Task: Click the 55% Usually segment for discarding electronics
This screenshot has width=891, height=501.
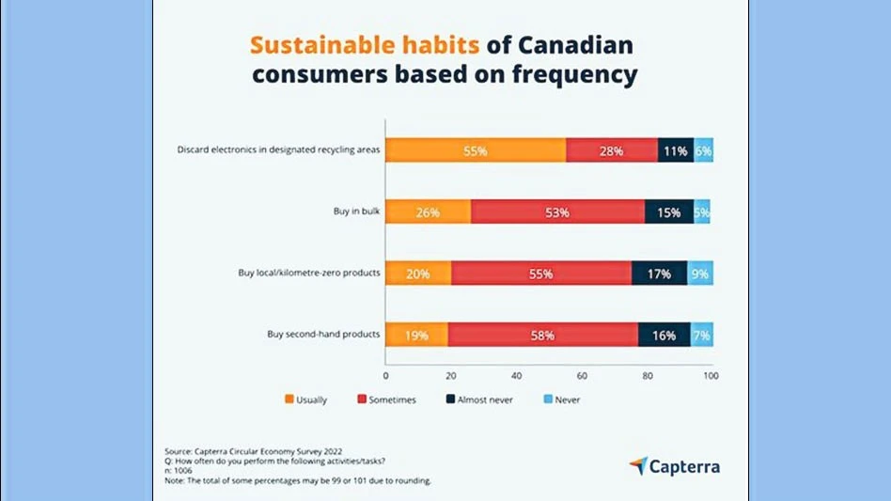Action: [476, 150]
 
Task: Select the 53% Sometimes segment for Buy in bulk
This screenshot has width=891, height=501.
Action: [557, 212]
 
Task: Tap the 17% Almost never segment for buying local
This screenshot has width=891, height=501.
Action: [659, 274]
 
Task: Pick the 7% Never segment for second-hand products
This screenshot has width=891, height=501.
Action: [701, 335]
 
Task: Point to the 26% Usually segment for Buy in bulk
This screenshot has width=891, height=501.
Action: [428, 212]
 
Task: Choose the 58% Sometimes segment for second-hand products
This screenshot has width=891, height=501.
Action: [542, 335]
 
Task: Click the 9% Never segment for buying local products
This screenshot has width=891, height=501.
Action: [700, 274]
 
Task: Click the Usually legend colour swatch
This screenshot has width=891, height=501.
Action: [289, 399]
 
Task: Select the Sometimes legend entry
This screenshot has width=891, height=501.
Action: [385, 399]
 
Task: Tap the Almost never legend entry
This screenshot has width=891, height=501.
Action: [481, 399]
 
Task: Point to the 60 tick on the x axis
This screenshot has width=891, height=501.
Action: [582, 376]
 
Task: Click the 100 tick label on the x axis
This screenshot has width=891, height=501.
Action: [711, 376]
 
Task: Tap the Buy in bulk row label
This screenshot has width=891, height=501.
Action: [356, 212]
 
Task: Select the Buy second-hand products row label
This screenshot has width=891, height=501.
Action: [323, 335]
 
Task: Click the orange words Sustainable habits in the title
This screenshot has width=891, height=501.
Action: [364, 45]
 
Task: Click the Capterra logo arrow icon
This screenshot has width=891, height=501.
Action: [638, 465]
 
